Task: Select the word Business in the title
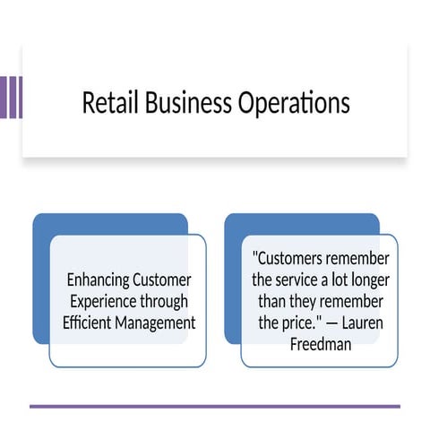tap(184, 103)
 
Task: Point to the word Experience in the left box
tap(100, 301)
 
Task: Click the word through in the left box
tap(164, 301)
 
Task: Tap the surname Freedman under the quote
tap(320, 342)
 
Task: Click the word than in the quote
tap(273, 301)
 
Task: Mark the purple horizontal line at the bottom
tap(215, 406)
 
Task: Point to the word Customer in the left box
tap(161, 279)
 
